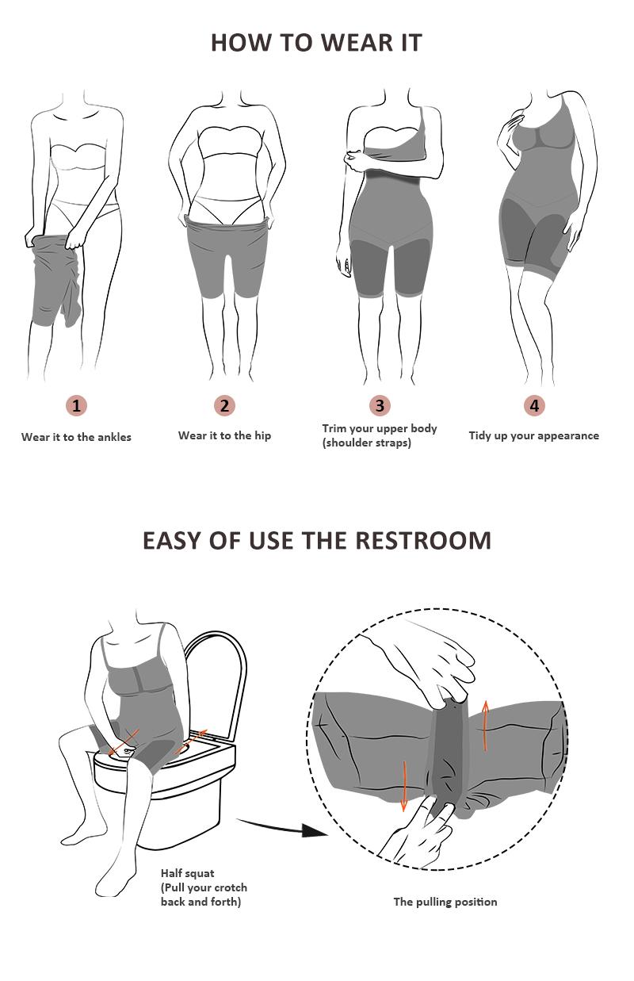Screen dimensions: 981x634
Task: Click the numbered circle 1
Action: point(76,406)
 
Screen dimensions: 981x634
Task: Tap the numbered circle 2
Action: point(225,406)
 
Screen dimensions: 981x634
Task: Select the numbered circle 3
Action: point(380,406)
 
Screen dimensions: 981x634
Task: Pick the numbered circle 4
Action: point(534,406)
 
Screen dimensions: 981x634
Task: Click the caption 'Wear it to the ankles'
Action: point(76,437)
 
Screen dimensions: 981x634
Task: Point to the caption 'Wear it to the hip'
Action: point(224,435)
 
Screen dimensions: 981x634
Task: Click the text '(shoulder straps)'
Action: point(366,443)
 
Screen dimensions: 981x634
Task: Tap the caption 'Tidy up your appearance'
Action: point(533,435)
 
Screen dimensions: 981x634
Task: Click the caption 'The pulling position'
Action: point(445,902)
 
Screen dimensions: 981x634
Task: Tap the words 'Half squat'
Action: point(187,873)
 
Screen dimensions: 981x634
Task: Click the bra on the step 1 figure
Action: point(78,156)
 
